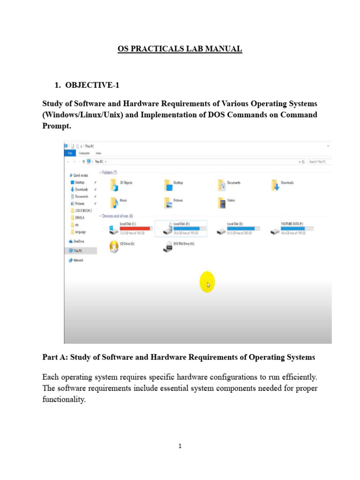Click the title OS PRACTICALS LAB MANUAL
pyautogui.click(x=180, y=49)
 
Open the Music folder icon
pyautogui.click(x=113, y=202)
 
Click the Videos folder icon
pyautogui.click(x=222, y=202)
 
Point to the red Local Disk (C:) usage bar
pyautogui.click(x=135, y=228)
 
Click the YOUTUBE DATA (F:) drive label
pyautogui.click(x=292, y=224)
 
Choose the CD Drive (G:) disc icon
pyautogui.click(x=114, y=246)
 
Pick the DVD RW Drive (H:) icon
pyautogui.click(x=168, y=246)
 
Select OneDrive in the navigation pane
pyautogui.click(x=78, y=241)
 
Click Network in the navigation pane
pyautogui.click(x=78, y=260)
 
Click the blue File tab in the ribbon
pyautogui.click(x=69, y=153)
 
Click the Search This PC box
pyautogui.click(x=320, y=162)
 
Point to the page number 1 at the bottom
pyautogui.click(x=180, y=446)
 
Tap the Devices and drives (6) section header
pyautogui.click(x=117, y=216)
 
